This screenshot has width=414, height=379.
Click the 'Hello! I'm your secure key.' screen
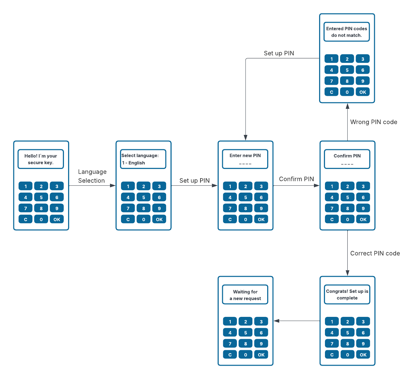click(x=41, y=159)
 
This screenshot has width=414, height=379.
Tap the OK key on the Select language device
click(x=159, y=219)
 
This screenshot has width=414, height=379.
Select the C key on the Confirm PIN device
click(x=332, y=219)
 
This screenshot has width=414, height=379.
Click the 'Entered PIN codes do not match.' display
click(x=347, y=32)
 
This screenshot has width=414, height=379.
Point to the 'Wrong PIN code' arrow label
click(x=373, y=122)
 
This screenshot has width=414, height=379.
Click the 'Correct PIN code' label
click(x=375, y=253)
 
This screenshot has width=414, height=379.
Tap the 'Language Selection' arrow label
click(x=92, y=176)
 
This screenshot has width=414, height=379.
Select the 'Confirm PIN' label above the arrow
click(x=296, y=179)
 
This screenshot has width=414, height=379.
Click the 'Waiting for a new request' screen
click(x=245, y=295)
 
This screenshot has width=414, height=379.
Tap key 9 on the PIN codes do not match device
click(x=362, y=81)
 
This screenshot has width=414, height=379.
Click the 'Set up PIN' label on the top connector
click(x=279, y=53)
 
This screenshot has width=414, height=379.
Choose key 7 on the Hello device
click(x=25, y=208)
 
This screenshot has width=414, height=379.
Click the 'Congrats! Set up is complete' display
click(x=347, y=295)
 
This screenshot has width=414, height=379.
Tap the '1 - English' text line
click(x=134, y=163)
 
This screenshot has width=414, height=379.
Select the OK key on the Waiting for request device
click(x=261, y=355)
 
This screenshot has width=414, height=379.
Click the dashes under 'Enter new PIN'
click(x=245, y=164)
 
